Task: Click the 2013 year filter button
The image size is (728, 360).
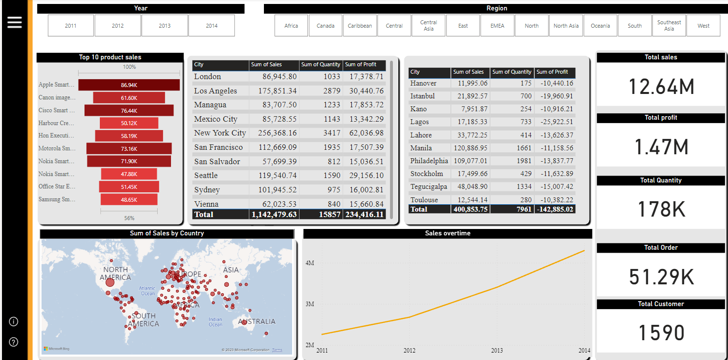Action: pos(165,26)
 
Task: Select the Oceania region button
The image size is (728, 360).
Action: pos(600,26)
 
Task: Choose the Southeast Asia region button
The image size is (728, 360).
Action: pos(669,26)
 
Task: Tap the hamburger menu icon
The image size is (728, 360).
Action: pos(14,22)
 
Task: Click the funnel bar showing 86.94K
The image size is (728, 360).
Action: pos(128,85)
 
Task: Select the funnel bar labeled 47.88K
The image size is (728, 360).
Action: pos(129,174)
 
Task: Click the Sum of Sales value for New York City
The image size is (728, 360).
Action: pos(274,133)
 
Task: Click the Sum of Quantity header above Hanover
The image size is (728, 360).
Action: pos(512,72)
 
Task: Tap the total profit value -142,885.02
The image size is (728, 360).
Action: pos(555,209)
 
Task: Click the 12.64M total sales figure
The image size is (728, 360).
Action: pos(661,87)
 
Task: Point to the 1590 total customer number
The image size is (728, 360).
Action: pos(661,333)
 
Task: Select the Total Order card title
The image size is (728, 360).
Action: pos(661,248)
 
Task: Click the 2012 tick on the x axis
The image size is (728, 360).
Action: pos(410,351)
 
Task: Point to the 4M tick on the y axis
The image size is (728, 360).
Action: pos(310,263)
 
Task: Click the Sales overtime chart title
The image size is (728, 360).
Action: pos(447,233)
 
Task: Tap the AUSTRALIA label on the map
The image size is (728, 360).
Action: pos(257,321)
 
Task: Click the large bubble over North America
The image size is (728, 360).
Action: pos(110,282)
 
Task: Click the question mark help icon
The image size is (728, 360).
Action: pos(14,342)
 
